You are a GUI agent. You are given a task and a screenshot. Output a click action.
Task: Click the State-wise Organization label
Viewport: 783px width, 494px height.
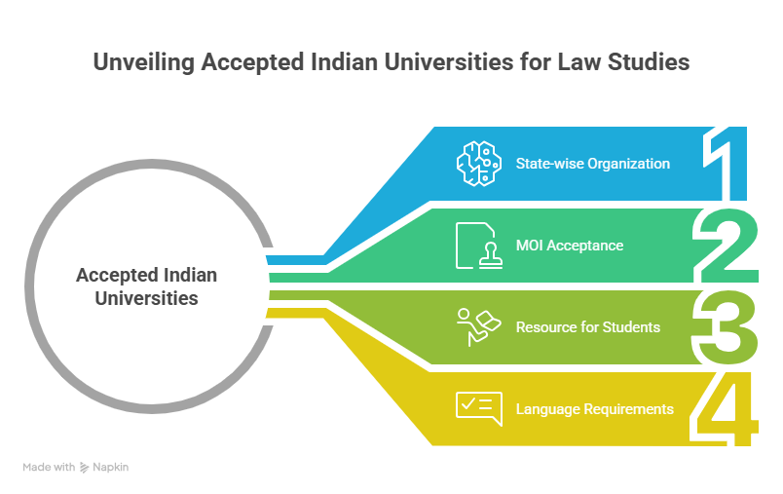(592, 163)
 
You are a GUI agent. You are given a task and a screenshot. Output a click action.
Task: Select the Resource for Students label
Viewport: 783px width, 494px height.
(587, 326)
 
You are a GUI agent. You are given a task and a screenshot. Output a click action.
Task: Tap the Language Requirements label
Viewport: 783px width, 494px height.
(594, 408)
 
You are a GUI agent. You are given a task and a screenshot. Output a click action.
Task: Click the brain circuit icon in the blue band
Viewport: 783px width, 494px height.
(478, 163)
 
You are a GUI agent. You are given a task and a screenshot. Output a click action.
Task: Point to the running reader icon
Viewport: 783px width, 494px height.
(478, 326)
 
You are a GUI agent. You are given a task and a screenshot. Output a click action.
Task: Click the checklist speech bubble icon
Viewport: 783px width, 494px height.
(478, 408)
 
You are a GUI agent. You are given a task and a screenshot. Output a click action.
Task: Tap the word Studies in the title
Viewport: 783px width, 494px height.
(653, 62)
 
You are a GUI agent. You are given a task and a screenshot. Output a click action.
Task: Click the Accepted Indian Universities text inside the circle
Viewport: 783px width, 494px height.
(146, 285)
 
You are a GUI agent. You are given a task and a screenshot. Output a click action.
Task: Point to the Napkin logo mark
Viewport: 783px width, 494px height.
(85, 468)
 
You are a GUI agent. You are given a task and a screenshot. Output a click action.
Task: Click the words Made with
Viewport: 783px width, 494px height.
(49, 468)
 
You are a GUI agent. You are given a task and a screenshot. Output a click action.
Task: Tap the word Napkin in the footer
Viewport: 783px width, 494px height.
(111, 468)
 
